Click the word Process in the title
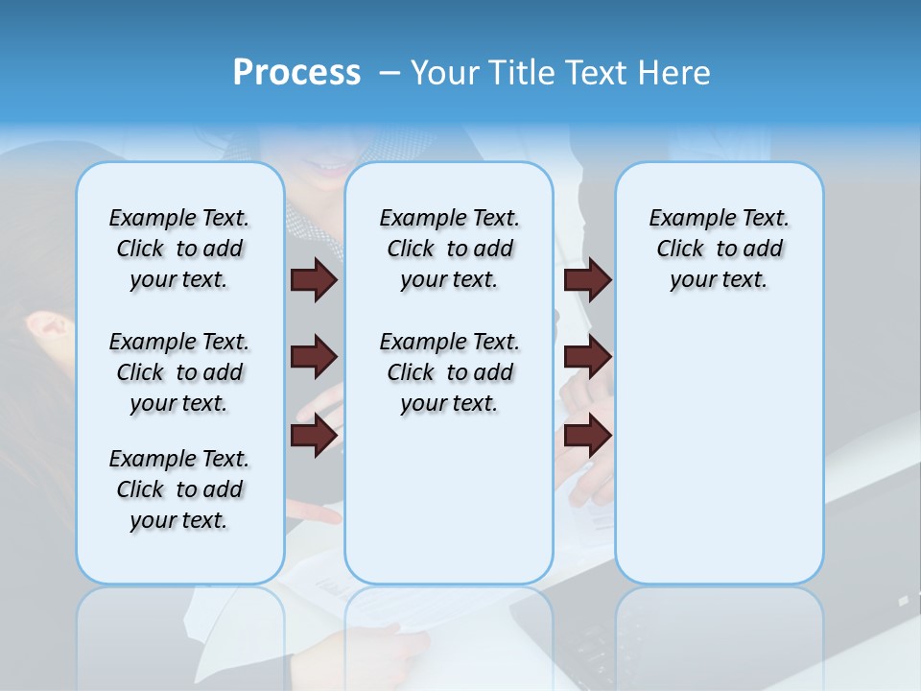pos(296,72)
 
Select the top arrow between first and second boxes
pos(314,280)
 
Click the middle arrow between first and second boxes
pos(314,358)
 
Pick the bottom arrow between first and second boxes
pos(314,436)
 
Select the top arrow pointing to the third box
pos(587,280)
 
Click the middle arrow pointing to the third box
pos(587,358)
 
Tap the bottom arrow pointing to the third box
pos(587,436)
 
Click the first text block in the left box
pos(179,249)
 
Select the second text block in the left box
pos(179,372)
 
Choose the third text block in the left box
pos(179,489)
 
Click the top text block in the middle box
pos(449,249)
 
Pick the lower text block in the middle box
pos(449,372)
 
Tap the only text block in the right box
pos(719,249)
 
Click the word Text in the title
pos(598,72)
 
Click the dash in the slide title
pos(390,73)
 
